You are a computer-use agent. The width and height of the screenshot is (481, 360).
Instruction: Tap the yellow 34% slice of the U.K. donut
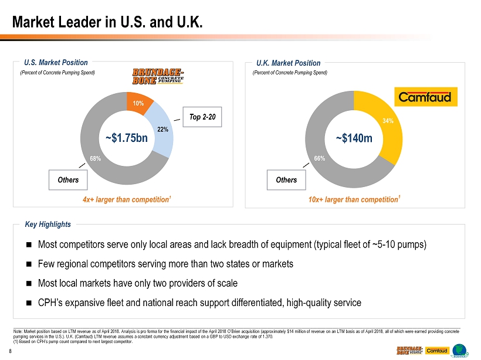(387, 124)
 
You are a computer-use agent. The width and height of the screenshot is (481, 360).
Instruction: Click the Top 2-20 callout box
(202, 117)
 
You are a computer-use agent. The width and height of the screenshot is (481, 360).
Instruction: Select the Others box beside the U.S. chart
(68, 180)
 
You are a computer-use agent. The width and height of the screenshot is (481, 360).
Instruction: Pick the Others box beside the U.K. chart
(286, 180)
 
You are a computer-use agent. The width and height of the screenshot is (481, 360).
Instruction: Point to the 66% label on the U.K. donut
(319, 159)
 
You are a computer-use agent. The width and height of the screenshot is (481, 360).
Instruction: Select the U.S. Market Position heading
(56, 63)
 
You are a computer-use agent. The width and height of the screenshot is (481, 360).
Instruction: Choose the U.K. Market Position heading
(289, 63)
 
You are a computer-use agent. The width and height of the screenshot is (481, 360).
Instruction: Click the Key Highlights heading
(48, 225)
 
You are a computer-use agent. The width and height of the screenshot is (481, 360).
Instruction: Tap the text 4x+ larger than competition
(126, 200)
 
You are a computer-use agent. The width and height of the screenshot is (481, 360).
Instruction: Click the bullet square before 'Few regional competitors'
(29, 264)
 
